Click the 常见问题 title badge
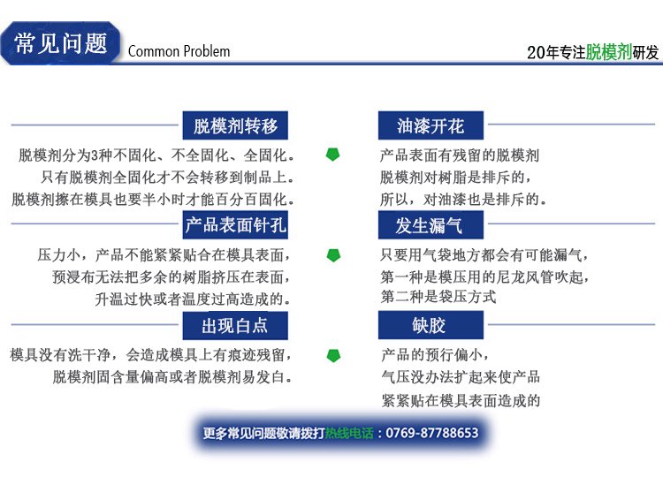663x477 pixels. coord(60,43)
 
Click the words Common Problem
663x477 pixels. coord(179,51)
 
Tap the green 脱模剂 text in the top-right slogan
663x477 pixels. coord(609,52)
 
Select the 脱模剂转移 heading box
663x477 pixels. coord(235,125)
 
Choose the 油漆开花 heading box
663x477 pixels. coord(431,125)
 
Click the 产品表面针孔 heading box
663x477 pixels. coord(235,224)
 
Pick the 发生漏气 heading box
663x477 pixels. coord(431,224)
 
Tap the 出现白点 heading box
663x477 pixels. coord(235,325)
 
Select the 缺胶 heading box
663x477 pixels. coord(431,325)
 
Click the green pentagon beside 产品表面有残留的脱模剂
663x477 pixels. coord(332,155)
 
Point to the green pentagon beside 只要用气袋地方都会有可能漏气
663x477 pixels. coord(333,254)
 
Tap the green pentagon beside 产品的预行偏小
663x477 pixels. coord(333,355)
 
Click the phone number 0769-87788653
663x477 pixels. coord(432,433)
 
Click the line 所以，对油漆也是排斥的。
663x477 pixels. coord(463,199)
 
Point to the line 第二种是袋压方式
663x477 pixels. coord(438,297)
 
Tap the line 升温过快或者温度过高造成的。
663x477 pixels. coord(194,299)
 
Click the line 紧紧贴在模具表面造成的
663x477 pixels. coord(461,400)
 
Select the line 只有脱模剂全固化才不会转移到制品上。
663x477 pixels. coord(168,177)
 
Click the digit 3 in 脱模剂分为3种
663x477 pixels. coord(95,155)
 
